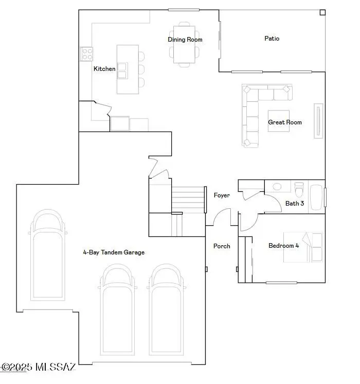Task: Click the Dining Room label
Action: [x=185, y=40]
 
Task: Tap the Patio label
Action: [x=272, y=39]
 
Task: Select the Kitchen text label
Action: [x=104, y=69]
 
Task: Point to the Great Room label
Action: [x=285, y=122]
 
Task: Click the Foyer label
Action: [x=222, y=195]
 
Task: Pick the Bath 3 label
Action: [x=295, y=204]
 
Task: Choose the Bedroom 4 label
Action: [x=283, y=246]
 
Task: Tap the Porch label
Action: [x=222, y=246]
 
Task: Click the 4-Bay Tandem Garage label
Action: [x=114, y=252]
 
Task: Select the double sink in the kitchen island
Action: [x=122, y=70]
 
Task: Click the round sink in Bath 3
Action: [x=277, y=187]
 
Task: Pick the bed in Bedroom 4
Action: [x=304, y=247]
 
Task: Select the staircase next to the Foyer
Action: [x=188, y=200]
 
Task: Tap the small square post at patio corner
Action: [x=322, y=12]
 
